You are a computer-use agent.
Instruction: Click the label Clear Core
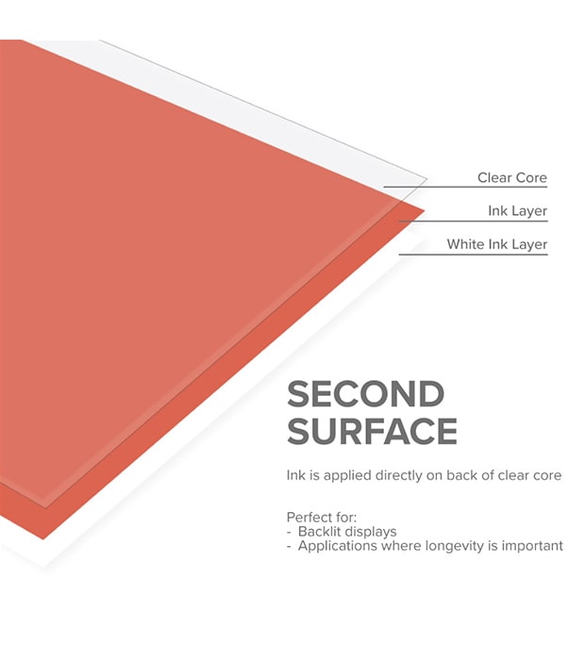pos(511,177)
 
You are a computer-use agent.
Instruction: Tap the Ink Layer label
pos(517,210)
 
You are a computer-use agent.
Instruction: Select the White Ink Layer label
pos(496,244)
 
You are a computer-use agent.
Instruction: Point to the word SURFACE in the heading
pos(372,431)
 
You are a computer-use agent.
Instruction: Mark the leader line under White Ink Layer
pos(472,255)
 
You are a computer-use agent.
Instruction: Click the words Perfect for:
pos(320,518)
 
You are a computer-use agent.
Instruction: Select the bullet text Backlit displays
pos(347,532)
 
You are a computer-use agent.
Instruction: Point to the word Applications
pos(336,546)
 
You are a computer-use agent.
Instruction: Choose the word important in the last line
pos(530,546)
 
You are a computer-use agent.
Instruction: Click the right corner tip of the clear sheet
pos(426,178)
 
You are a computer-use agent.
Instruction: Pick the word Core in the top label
pos(531,177)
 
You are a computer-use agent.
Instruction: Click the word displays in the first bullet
pos(371,532)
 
